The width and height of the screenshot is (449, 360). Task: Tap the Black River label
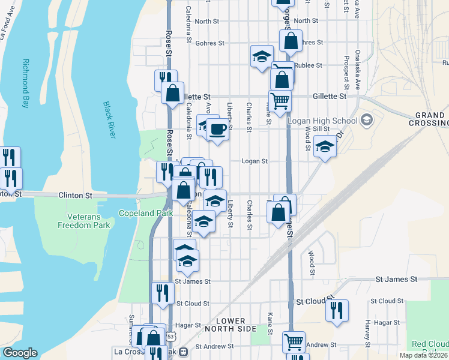click(109, 119)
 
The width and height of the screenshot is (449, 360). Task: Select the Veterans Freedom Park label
click(84, 220)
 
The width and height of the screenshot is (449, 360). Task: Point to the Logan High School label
click(322, 120)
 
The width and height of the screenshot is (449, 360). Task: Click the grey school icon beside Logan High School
click(365, 120)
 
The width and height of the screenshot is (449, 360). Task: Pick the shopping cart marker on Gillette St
click(280, 101)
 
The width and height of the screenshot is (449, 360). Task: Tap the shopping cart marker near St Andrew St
click(294, 341)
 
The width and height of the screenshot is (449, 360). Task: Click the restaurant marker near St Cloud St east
click(337, 310)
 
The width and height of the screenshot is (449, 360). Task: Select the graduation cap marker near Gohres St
click(261, 57)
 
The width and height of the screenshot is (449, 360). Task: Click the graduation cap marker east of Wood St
click(325, 146)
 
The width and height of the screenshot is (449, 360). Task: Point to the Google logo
click(20, 353)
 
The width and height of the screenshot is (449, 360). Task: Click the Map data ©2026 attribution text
click(424, 355)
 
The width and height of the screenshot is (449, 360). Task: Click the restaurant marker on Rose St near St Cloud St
click(163, 292)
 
